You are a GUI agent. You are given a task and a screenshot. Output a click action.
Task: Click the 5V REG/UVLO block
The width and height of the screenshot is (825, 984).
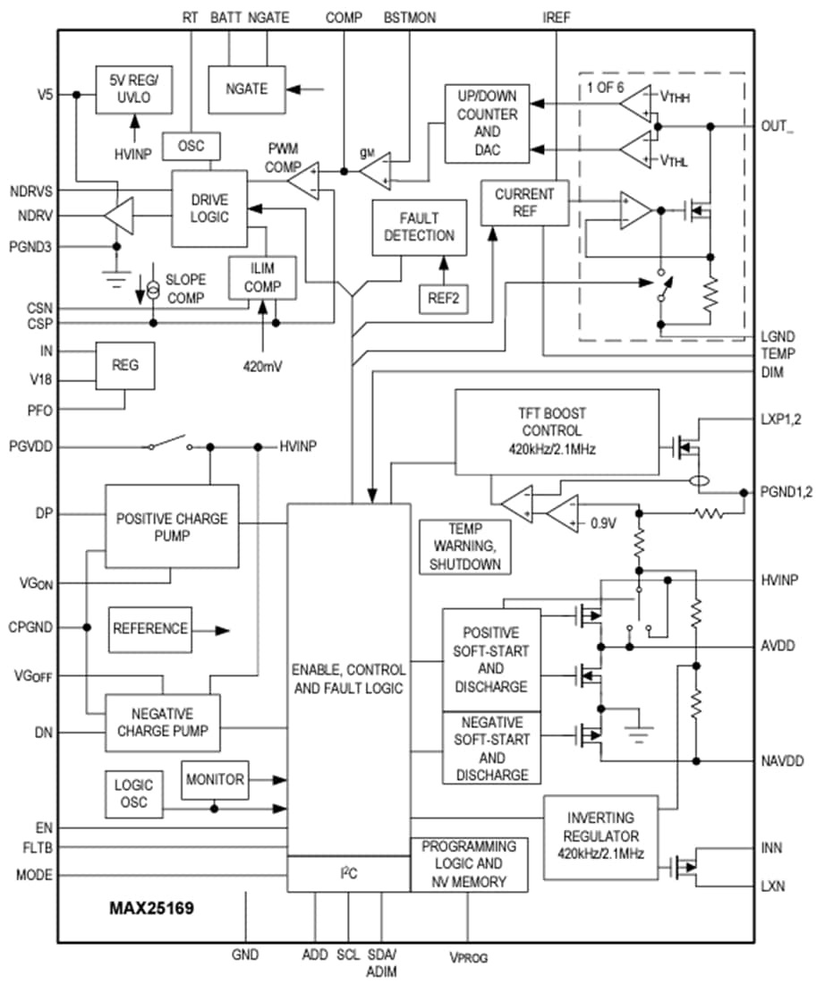point(134,89)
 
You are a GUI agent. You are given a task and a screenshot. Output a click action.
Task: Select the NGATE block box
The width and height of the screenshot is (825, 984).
point(245,89)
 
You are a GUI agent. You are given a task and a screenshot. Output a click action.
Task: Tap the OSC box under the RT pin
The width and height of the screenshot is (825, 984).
point(191,146)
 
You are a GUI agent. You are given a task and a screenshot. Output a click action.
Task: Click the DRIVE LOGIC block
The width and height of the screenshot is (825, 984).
point(209,208)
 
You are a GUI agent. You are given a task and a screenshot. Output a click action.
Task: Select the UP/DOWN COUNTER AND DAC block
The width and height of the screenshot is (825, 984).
point(487,124)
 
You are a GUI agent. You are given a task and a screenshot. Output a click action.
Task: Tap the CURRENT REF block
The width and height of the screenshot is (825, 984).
point(524,203)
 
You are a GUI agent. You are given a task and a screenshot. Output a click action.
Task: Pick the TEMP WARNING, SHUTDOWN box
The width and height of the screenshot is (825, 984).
point(463,547)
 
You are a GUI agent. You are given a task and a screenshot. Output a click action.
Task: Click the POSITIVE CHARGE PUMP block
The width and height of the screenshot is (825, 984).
point(172,527)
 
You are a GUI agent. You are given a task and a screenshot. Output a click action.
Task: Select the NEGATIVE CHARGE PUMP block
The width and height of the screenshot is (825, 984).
point(163,723)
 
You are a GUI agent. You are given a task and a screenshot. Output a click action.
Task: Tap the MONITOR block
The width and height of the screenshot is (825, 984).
point(215,780)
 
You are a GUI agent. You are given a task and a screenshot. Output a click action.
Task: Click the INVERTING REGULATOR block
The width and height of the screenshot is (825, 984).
point(600,836)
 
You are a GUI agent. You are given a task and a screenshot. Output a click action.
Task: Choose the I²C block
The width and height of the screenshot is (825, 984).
point(347,874)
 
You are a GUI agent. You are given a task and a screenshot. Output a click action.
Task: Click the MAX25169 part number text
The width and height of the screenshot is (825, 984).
point(152,909)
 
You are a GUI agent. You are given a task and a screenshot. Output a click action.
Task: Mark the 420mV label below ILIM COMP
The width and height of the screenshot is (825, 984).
point(263,366)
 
